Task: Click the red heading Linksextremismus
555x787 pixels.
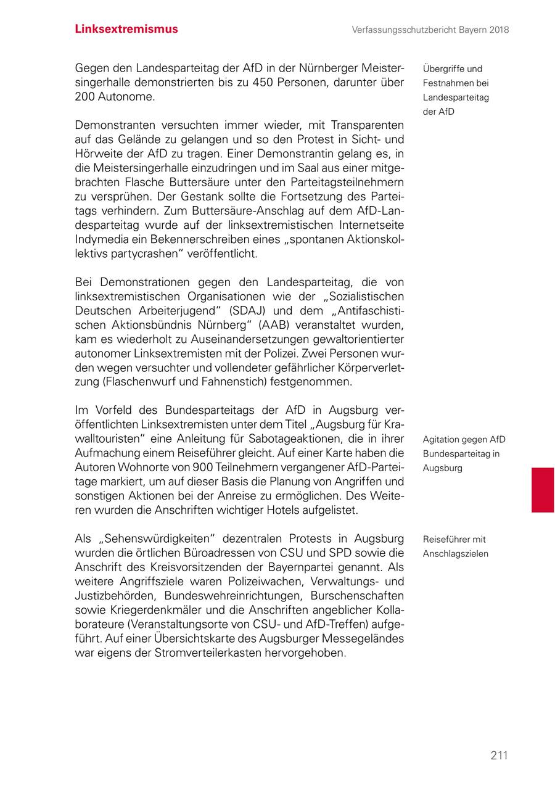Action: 126,29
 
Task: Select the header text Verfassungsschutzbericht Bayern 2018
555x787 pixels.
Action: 430,30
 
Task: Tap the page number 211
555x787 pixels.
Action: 499,756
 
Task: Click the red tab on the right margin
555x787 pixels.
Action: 543,490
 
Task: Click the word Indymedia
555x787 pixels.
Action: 101,239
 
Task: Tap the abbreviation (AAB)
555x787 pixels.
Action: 280,325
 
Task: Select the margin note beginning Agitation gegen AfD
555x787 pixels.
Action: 464,454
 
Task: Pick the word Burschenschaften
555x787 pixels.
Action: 357,596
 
